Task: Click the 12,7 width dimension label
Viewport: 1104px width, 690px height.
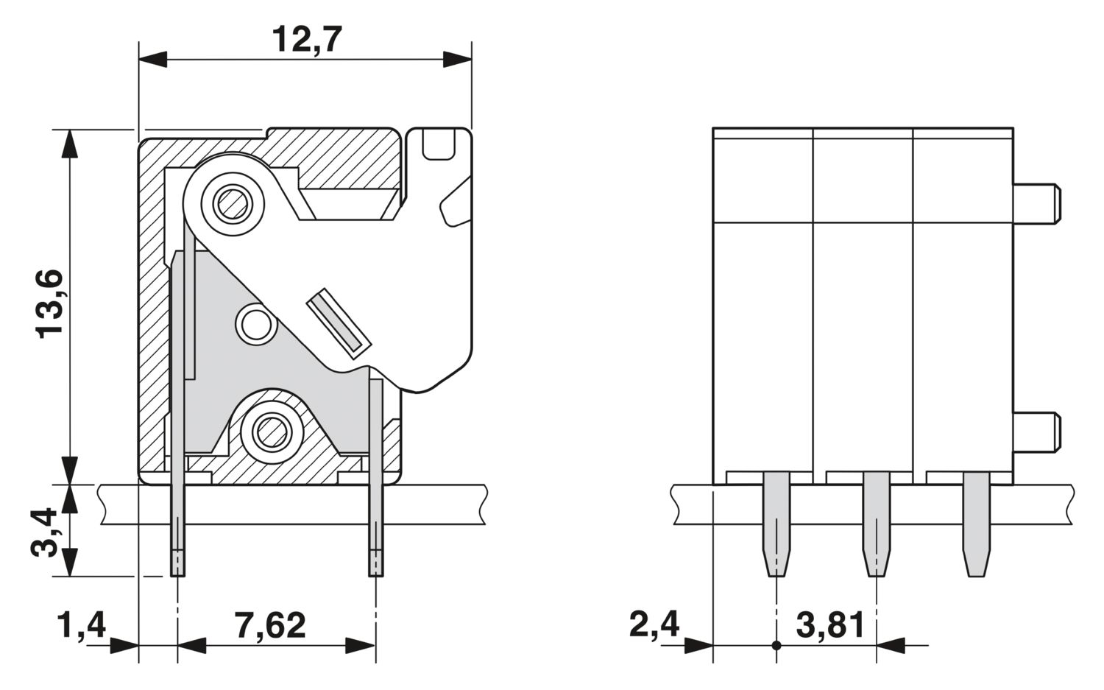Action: coord(307,40)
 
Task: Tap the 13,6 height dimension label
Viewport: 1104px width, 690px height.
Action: coord(49,304)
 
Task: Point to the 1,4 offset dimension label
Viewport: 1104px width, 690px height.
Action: coord(82,625)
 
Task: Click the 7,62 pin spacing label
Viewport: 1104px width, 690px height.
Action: coord(269,625)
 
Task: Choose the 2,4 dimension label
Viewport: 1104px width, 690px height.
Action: coord(654,625)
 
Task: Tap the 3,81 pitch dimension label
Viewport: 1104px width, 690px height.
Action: coord(830,625)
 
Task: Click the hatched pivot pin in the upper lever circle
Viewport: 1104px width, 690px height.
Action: coord(233,204)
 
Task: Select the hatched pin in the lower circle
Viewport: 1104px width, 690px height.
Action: coord(271,432)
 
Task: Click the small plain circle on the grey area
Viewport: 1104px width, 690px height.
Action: coord(256,324)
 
